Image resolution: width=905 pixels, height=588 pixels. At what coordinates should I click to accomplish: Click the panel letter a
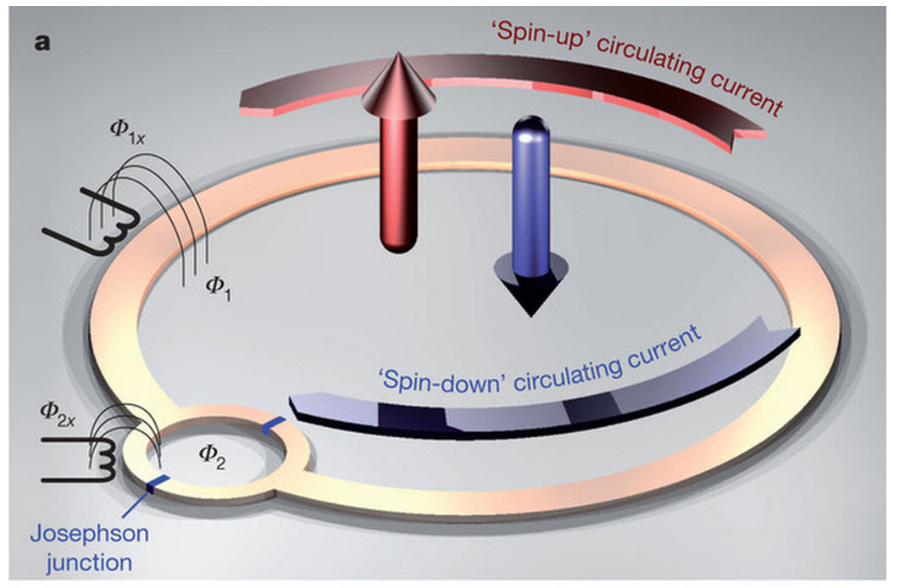(42, 42)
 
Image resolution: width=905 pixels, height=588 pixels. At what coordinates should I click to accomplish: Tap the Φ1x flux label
(127, 130)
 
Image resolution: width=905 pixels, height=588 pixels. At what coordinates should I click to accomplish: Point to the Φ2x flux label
(58, 413)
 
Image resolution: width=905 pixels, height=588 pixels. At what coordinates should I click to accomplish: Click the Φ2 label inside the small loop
(211, 457)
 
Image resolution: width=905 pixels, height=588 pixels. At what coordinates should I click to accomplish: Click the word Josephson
(90, 534)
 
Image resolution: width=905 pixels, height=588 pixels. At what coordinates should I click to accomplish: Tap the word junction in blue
(90, 562)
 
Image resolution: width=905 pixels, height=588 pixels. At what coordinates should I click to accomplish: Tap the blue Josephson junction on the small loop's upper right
(273, 425)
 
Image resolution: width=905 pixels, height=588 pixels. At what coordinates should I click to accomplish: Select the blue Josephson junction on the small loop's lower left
(157, 484)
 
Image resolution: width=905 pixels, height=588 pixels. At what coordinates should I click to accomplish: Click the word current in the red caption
(746, 93)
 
